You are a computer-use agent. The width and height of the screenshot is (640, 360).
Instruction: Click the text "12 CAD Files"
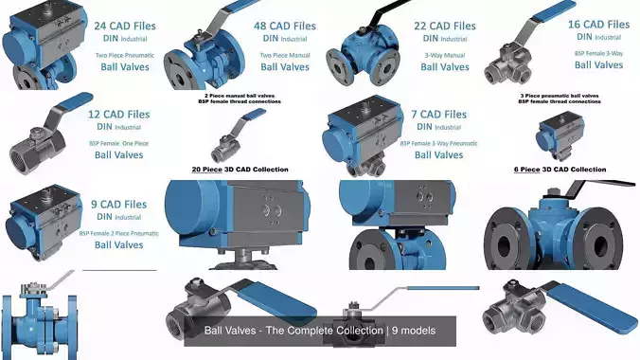118,115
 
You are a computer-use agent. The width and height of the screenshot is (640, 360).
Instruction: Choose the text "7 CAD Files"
438,115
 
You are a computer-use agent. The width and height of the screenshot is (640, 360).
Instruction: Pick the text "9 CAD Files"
118,204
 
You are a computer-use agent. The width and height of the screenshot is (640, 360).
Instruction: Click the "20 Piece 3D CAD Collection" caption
240,170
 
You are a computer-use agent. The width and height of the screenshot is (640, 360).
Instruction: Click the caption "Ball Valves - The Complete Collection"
320,331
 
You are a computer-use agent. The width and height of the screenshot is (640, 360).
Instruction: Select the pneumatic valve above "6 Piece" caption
559,134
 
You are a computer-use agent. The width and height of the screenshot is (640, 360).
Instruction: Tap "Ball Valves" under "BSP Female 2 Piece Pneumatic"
118,245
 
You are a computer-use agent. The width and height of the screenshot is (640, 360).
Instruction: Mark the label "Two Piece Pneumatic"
118,54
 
